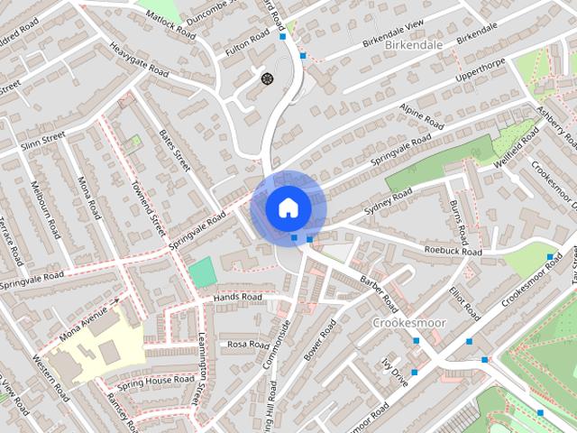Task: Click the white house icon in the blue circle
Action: (x=288, y=207)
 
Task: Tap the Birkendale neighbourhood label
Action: (x=414, y=43)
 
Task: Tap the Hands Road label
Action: (x=238, y=297)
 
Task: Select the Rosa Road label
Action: (x=248, y=345)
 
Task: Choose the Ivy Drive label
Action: (x=395, y=371)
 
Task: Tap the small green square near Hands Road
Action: (x=203, y=272)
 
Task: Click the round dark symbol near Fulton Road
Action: (x=267, y=78)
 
